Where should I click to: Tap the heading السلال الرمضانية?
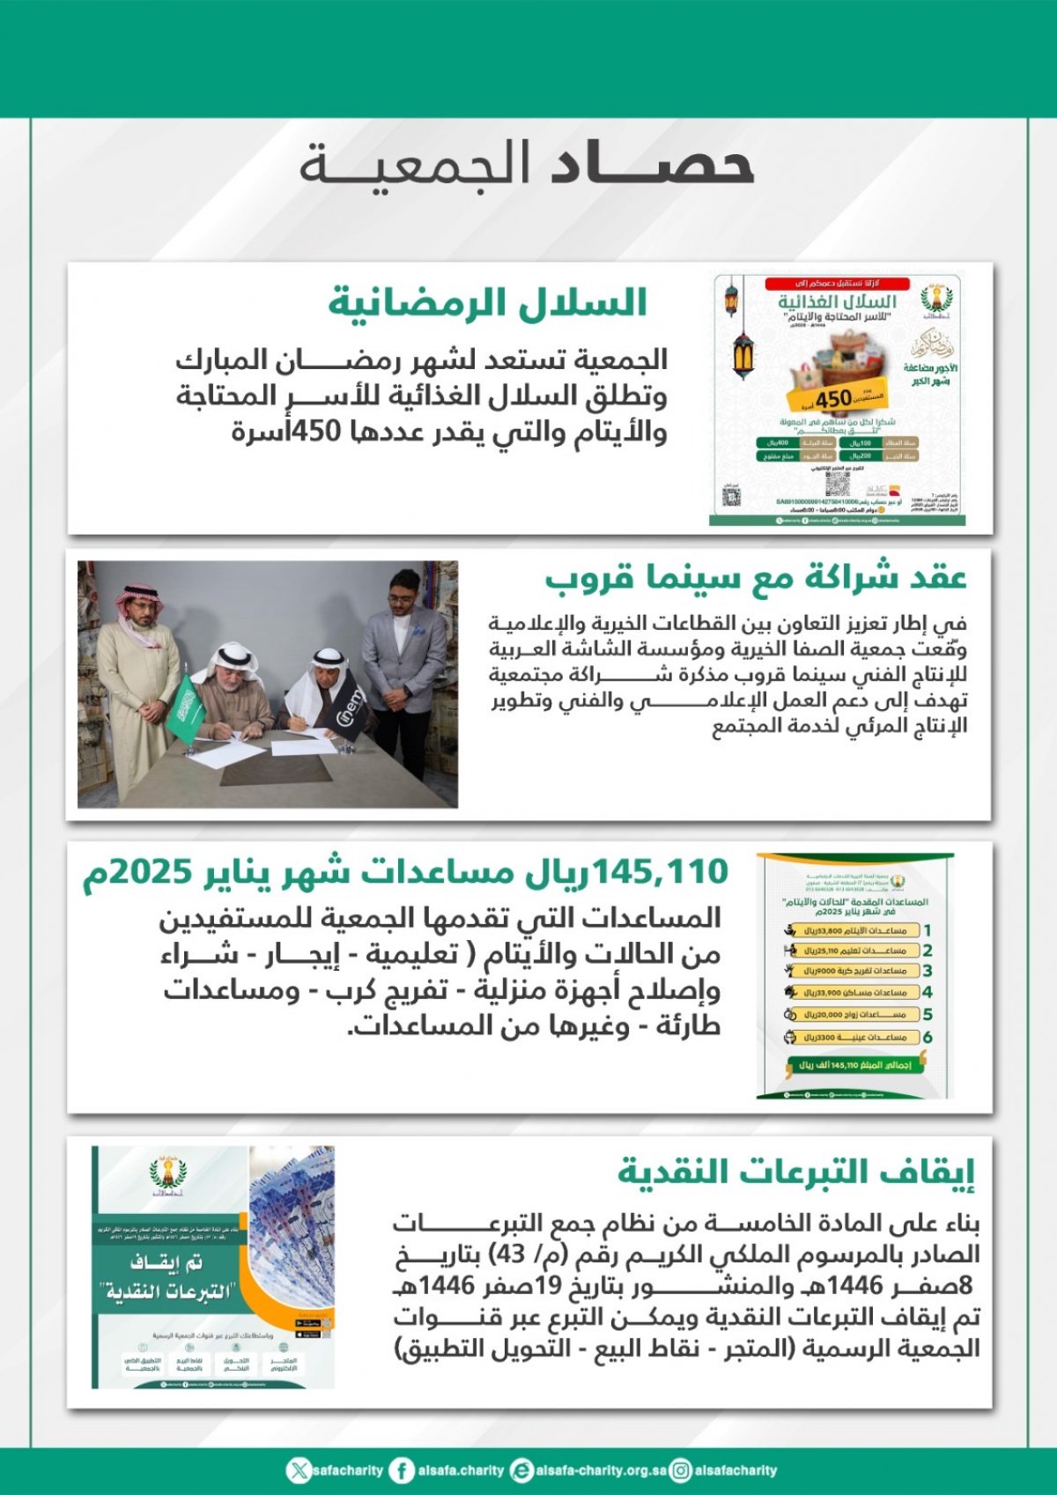(488, 302)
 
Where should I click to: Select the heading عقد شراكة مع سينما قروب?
(756, 578)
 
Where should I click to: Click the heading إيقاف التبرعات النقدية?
(797, 1172)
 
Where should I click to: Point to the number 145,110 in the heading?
(661, 872)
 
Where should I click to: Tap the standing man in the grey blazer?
(403, 656)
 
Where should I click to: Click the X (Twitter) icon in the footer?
(299, 1470)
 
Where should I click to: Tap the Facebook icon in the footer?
(402, 1470)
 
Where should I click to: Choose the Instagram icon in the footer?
(680, 1470)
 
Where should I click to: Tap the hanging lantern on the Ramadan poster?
(743, 352)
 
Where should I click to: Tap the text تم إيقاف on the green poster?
(167, 1262)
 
